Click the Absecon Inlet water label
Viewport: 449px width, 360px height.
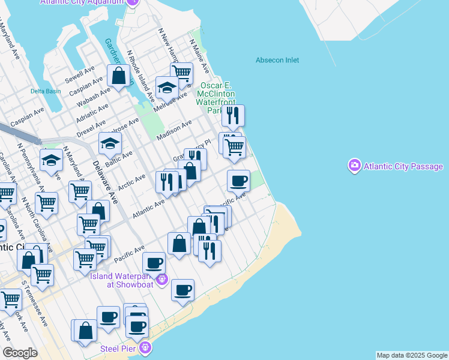tap(277, 60)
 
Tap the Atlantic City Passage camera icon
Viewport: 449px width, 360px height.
tap(354, 166)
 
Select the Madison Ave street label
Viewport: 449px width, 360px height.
tap(173, 130)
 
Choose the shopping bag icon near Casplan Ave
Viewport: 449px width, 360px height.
tap(119, 76)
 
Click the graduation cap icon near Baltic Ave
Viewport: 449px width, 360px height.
tap(110, 143)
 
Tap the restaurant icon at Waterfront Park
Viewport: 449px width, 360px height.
tap(233, 115)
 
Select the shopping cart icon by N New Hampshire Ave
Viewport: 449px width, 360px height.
tap(181, 73)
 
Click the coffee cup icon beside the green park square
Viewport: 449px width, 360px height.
tap(238, 180)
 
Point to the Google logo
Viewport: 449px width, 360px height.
tap(20, 352)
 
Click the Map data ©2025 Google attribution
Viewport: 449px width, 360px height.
tap(412, 355)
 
